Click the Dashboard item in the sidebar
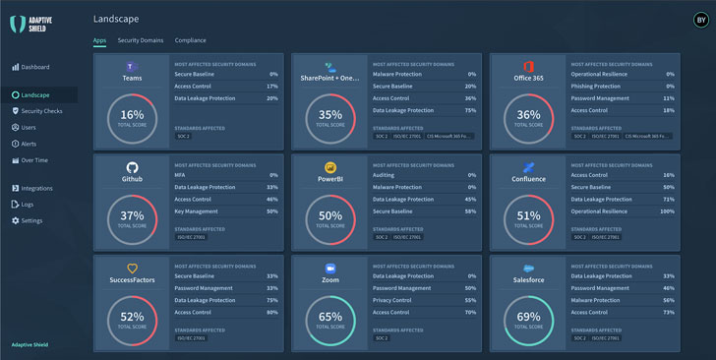(34, 67)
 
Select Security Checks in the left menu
(40, 111)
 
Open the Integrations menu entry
(36, 188)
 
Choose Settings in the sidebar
(31, 220)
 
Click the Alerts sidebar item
(29, 143)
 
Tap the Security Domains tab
(141, 40)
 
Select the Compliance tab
(190, 40)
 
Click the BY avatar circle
(700, 19)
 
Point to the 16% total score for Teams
(132, 116)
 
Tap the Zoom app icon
(330, 267)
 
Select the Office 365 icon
(529, 66)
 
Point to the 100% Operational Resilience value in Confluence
(667, 211)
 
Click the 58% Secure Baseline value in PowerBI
(469, 211)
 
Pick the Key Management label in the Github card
(197, 211)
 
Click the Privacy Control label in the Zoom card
(392, 300)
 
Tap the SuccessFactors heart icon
(132, 268)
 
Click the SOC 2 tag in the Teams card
(182, 136)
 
